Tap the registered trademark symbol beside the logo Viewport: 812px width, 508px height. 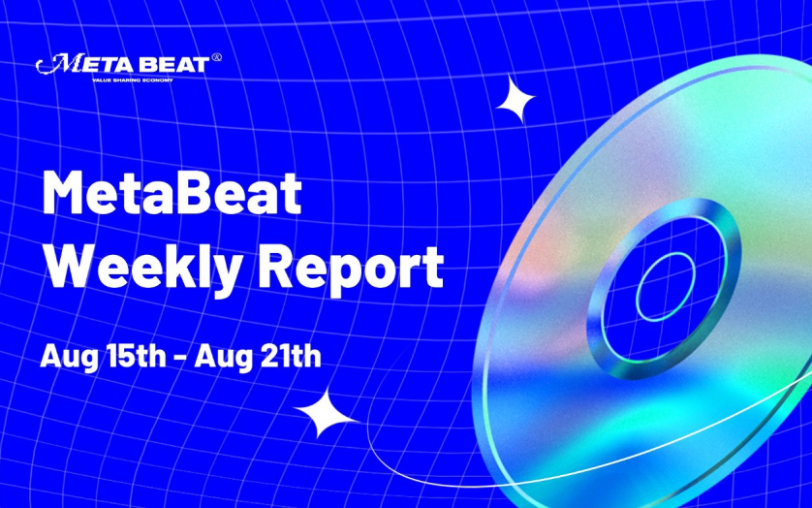click(217, 57)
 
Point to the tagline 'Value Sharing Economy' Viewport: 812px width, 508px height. click(133, 80)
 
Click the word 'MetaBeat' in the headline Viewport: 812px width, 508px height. click(172, 193)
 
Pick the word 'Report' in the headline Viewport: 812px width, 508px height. click(351, 268)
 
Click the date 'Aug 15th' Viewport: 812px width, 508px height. click(103, 357)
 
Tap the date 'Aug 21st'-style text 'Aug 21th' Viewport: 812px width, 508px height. click(258, 357)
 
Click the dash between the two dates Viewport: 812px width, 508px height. click(180, 358)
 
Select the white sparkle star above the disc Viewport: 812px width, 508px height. click(515, 99)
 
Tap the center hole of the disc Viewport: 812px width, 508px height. click(666, 287)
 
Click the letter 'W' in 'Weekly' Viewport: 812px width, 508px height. click(73, 266)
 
